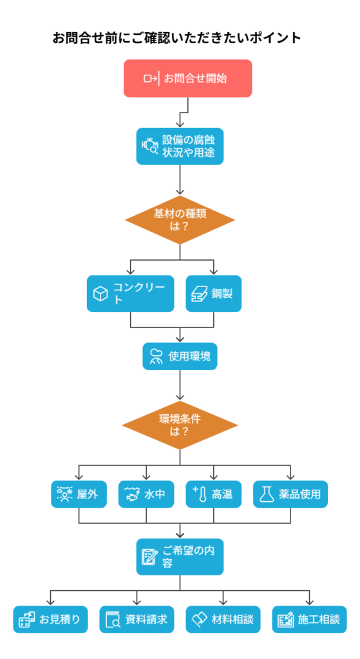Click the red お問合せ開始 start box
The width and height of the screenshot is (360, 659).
point(187,78)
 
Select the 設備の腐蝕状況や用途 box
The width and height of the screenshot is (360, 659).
point(180,146)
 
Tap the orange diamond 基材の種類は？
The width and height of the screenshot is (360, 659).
point(180,220)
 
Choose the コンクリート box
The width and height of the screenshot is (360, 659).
point(130,293)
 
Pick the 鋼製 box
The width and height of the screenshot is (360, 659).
point(214,293)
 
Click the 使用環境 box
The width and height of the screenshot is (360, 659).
point(180,357)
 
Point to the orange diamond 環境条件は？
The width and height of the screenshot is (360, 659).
point(180,425)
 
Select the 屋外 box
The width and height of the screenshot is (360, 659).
point(79,494)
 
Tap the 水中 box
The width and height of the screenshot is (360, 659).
point(146,494)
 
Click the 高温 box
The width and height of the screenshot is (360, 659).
point(214,494)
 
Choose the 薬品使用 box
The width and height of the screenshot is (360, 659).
point(290,494)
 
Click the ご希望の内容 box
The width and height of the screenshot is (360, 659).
point(180,557)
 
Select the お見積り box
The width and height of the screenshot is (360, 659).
point(50,619)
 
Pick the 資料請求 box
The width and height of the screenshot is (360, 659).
point(137,619)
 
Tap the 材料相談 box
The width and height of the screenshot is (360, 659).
point(223,619)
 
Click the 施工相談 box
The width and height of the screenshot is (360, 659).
point(309,619)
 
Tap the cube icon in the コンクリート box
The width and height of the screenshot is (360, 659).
point(100,293)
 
